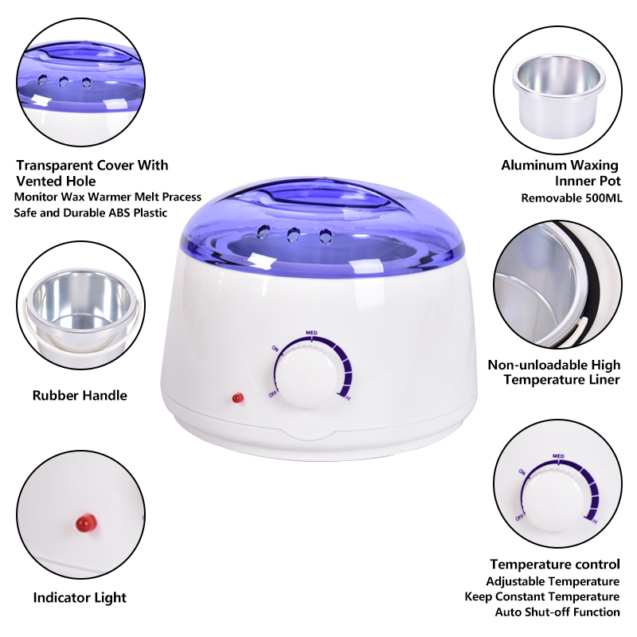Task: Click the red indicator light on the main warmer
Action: pyautogui.click(x=237, y=397)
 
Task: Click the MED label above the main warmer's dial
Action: pyautogui.click(x=311, y=333)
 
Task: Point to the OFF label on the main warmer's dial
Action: pyautogui.click(x=272, y=393)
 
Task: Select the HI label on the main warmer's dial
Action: pyautogui.click(x=348, y=398)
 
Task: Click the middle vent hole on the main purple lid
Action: pyautogui.click(x=293, y=235)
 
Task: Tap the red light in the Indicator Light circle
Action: pyautogui.click(x=86, y=522)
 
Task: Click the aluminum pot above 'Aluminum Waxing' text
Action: pyautogui.click(x=559, y=96)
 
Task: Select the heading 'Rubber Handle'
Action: pyautogui.click(x=80, y=395)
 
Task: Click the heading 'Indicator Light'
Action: pyautogui.click(x=80, y=598)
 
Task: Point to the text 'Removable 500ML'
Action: pyautogui.click(x=571, y=198)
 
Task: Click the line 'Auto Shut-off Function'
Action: pyautogui.click(x=557, y=612)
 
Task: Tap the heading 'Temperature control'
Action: pyautogui.click(x=555, y=565)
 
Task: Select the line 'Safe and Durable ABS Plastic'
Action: pyautogui.click(x=91, y=213)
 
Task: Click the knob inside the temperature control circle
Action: pyautogui.click(x=553, y=498)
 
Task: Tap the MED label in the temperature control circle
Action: pyautogui.click(x=559, y=456)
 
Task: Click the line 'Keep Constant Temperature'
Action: pyautogui.click(x=542, y=596)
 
